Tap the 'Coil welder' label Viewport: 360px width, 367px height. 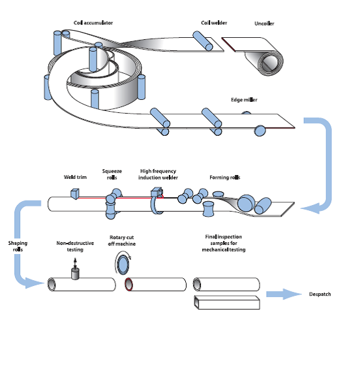click(213, 23)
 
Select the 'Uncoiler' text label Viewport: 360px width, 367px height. click(264, 24)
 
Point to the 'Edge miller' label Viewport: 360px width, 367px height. click(244, 100)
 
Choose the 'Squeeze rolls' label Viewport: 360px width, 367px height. click(112, 174)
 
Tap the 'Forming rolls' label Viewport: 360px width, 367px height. click(224, 177)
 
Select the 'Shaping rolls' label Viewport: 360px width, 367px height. click(18, 246)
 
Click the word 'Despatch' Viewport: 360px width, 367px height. click(320, 295)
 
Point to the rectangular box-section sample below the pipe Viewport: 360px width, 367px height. click(228, 302)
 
